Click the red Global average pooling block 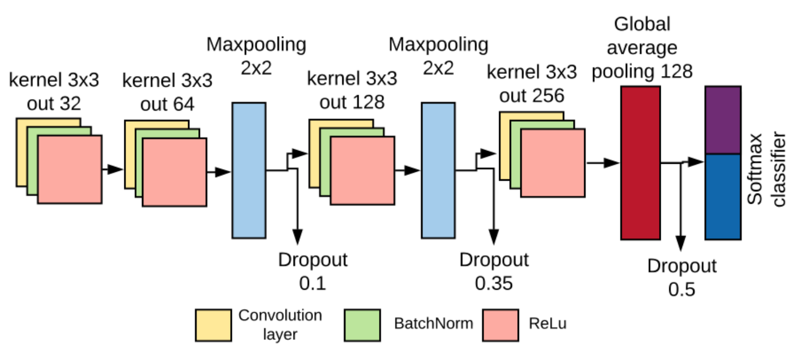pyautogui.click(x=640, y=163)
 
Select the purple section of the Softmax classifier pyautogui.click(x=723, y=120)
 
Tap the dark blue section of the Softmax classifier pyautogui.click(x=723, y=197)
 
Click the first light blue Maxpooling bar pyautogui.click(x=249, y=170)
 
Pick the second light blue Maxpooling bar pyautogui.click(x=439, y=170)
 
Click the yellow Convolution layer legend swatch pyautogui.click(x=214, y=325)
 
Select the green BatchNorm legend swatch pyautogui.click(x=362, y=325)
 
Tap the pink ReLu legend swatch pyautogui.click(x=501, y=325)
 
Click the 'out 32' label pyautogui.click(x=54, y=104)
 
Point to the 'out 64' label pyautogui.click(x=167, y=105)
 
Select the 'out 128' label pyautogui.click(x=352, y=102)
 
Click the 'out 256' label pyautogui.click(x=532, y=96)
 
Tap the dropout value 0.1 pyautogui.click(x=313, y=283)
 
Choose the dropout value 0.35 pyautogui.click(x=494, y=283)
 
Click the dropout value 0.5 pyautogui.click(x=681, y=289)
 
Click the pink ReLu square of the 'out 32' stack pyautogui.click(x=70, y=169)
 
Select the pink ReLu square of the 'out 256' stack pyautogui.click(x=553, y=163)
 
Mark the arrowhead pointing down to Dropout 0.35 pyautogui.click(x=494, y=237)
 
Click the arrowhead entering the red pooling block pyautogui.click(x=611, y=163)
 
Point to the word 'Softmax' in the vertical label pyautogui.click(x=755, y=169)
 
